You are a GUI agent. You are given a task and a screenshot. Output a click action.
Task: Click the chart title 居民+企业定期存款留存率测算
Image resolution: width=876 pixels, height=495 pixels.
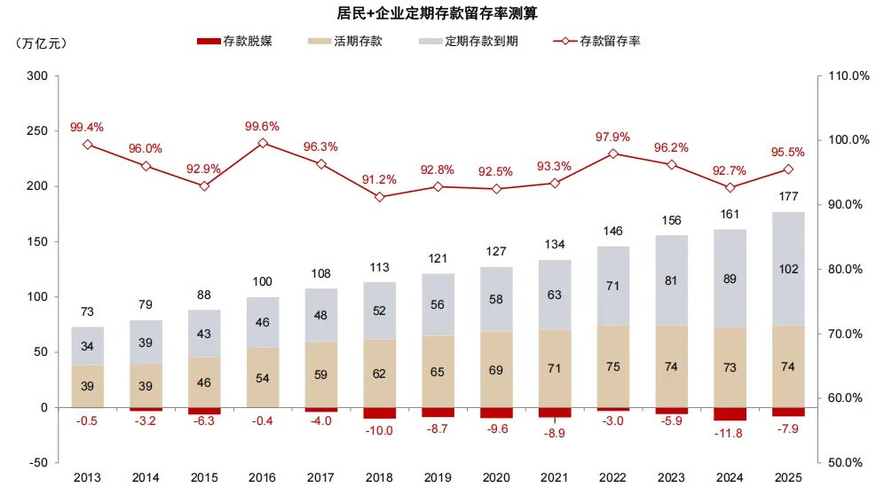coord(437,13)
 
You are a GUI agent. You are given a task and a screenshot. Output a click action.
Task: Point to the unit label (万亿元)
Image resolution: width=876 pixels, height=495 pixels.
coord(41,43)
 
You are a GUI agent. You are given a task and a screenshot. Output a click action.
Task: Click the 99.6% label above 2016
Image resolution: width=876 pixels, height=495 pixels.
coord(263,127)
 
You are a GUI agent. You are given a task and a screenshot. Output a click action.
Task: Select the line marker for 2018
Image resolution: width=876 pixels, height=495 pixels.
coord(380,197)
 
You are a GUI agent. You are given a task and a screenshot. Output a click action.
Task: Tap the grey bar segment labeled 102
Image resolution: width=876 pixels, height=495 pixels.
coord(787,269)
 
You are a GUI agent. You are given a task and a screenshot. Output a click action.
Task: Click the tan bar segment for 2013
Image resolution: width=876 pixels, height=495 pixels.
coord(88,386)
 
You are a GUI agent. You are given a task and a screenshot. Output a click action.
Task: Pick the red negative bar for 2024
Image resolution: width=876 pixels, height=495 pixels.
coord(730,413)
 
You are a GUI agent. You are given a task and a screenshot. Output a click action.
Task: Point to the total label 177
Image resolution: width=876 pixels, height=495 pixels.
coord(788,197)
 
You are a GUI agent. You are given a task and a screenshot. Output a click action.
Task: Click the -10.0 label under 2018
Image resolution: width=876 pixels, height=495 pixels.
coord(380,431)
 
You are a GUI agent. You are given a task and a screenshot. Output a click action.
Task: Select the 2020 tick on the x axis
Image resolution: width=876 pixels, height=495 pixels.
coord(496,477)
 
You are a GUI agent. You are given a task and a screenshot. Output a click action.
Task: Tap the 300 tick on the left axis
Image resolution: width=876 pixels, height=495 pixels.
coord(36,76)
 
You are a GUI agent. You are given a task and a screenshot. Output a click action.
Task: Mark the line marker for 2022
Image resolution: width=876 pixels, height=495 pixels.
coord(613,154)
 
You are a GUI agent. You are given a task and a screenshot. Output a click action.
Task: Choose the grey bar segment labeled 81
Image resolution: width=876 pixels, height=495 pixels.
coord(671,280)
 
